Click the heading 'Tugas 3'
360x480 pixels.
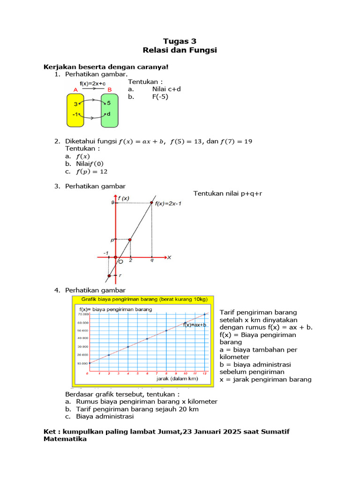(180, 41)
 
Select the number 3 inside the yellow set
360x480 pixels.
(75, 104)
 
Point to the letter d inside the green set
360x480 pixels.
(109, 114)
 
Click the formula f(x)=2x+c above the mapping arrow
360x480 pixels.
(92, 83)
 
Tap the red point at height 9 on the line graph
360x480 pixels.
(151, 202)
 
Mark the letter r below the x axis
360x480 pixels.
(120, 276)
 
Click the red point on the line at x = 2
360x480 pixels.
(130, 240)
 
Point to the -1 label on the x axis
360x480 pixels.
(106, 253)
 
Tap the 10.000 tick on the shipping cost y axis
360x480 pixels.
(82, 363)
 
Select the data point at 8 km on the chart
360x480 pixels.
(166, 330)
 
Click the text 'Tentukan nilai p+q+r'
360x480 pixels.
(228, 193)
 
